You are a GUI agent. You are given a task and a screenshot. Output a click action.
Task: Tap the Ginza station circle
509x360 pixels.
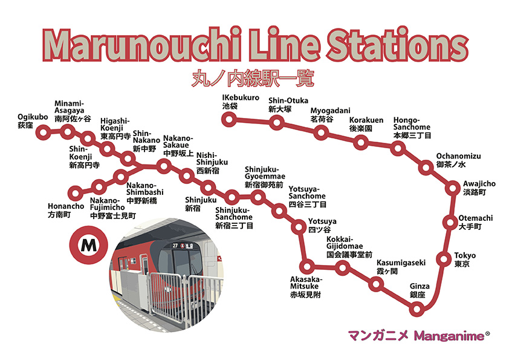coord(416,309)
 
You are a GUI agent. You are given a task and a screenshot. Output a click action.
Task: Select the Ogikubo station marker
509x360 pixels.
coord(42,131)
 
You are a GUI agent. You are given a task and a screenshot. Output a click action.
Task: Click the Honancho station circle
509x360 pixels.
coord(75,194)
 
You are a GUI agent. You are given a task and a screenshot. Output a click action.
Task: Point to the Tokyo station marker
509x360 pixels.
coord(444,261)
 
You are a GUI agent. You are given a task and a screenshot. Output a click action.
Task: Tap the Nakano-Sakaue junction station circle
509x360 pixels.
coord(163,165)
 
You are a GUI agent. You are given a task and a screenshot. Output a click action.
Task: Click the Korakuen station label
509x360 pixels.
coord(366,125)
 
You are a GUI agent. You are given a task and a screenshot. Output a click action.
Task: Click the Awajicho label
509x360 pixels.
coord(479,188)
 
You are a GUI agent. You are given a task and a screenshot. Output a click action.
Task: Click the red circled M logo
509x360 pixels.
coord(88,246)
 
